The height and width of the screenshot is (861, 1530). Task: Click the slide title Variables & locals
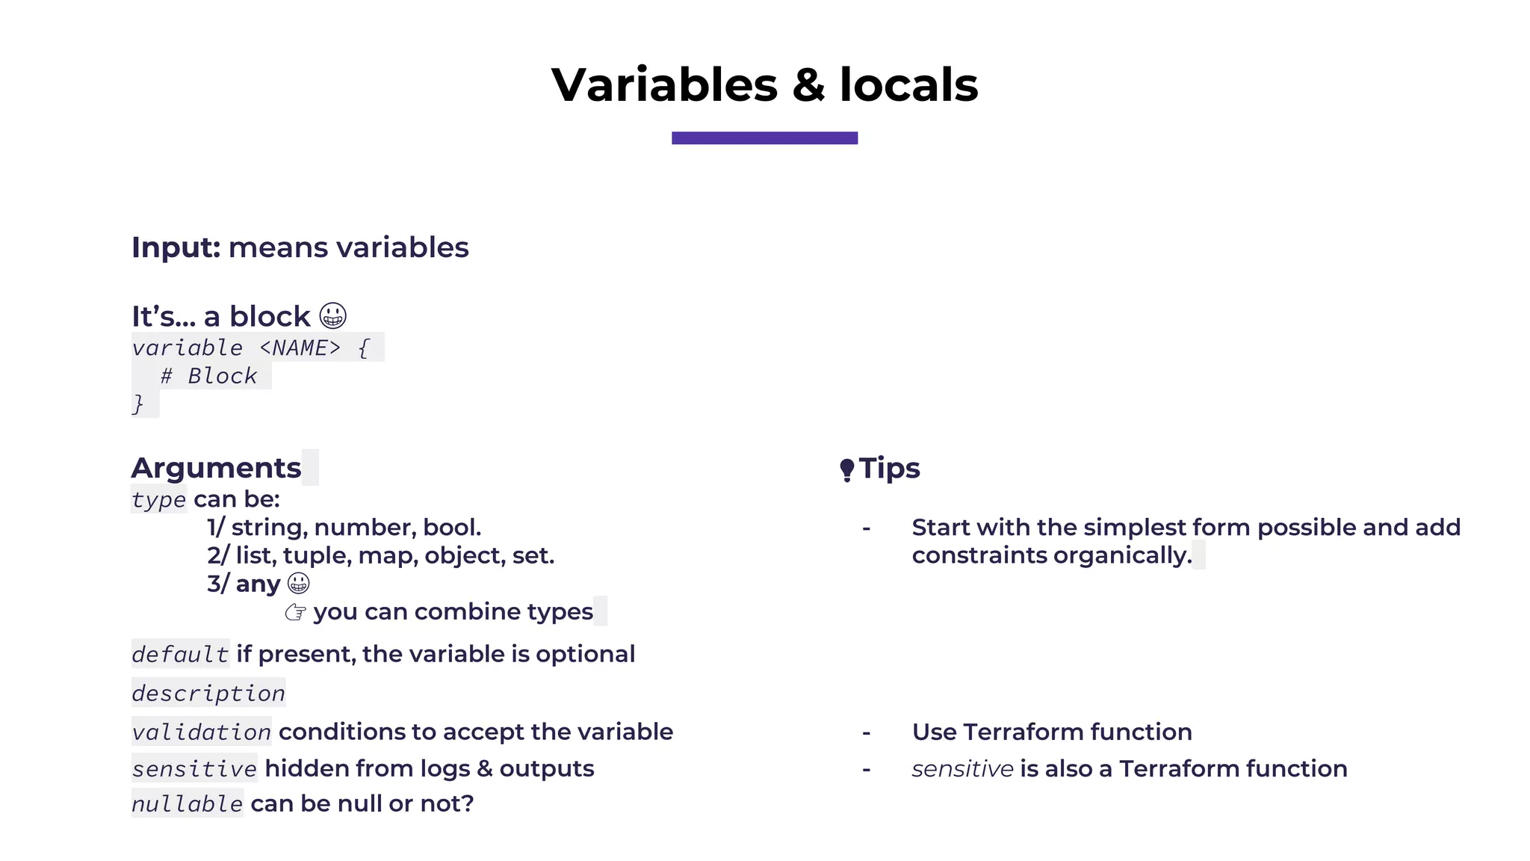pyautogui.click(x=764, y=84)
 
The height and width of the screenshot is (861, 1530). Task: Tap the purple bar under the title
pyautogui.click(x=764, y=138)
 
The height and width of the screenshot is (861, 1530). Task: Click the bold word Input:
pyautogui.click(x=176, y=247)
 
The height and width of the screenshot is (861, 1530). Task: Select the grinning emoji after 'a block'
pyautogui.click(x=332, y=316)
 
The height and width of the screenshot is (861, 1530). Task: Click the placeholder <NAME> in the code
pyautogui.click(x=300, y=348)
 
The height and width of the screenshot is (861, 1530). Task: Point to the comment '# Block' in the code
pyautogui.click(x=208, y=376)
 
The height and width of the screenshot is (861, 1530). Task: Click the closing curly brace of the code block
pyautogui.click(x=137, y=404)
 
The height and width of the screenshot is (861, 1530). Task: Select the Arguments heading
pyautogui.click(x=216, y=468)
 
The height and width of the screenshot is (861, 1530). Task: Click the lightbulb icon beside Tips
pyautogui.click(x=846, y=470)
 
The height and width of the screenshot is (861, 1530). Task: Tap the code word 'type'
pyautogui.click(x=158, y=499)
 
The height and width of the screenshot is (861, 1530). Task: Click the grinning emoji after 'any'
pyautogui.click(x=298, y=583)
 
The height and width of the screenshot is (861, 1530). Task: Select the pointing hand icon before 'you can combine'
pyautogui.click(x=296, y=612)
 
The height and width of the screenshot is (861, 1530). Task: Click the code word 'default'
pyautogui.click(x=180, y=655)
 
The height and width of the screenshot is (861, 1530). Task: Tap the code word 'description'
pyautogui.click(x=208, y=694)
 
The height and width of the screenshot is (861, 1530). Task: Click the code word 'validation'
pyautogui.click(x=201, y=732)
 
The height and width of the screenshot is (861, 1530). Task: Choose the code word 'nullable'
pyautogui.click(x=187, y=804)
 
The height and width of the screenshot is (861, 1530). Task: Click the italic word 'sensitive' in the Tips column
pyautogui.click(x=962, y=769)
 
